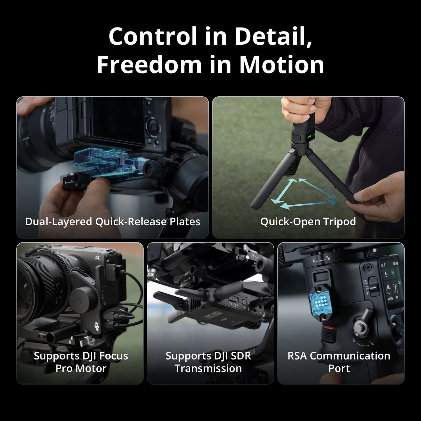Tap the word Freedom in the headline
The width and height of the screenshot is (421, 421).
[149, 65]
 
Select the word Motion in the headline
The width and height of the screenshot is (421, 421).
[282, 65]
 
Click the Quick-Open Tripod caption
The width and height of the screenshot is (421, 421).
[308, 222]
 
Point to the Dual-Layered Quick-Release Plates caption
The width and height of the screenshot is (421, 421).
[113, 222]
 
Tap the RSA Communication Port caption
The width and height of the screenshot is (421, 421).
[339, 362]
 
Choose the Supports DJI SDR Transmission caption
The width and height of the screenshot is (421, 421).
[208, 362]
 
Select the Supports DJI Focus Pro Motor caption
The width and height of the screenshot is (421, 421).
[81, 362]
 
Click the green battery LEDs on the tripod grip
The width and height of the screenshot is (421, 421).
[309, 137]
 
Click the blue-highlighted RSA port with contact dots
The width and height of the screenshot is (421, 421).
[321, 303]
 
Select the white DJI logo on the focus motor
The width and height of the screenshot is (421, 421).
[97, 327]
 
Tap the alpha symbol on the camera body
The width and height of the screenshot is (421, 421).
[97, 257]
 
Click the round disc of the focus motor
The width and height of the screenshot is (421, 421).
[79, 301]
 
